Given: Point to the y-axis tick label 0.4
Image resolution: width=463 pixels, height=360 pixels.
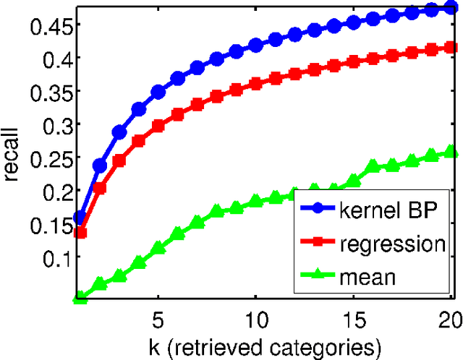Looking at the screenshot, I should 51,57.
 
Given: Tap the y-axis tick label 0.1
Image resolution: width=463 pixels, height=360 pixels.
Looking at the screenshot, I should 51,257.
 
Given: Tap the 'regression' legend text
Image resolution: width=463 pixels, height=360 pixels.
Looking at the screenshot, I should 392,244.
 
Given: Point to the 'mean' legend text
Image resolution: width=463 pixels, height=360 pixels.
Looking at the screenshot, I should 368,275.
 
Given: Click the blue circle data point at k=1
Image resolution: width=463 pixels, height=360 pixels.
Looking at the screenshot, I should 80,218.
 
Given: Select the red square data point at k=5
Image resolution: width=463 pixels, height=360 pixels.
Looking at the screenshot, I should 158,125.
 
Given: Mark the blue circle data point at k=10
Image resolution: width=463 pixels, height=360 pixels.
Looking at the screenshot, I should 256,46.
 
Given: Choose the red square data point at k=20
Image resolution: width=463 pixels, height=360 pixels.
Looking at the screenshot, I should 451,48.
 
